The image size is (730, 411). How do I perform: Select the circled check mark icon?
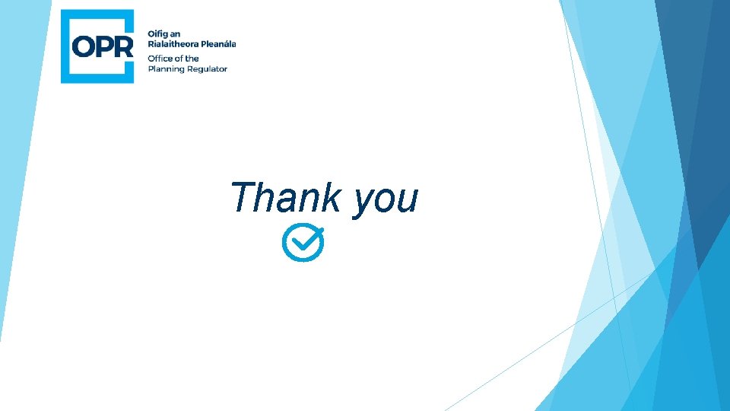click(303, 243)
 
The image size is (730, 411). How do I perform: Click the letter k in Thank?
click(332, 197)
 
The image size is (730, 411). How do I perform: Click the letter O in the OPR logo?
click(85, 46)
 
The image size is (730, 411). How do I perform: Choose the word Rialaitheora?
click(174, 44)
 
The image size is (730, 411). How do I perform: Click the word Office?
click(160, 59)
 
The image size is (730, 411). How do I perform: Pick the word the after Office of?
click(192, 59)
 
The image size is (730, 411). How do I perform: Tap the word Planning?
click(167, 69)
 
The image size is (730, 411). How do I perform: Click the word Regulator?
click(208, 69)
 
